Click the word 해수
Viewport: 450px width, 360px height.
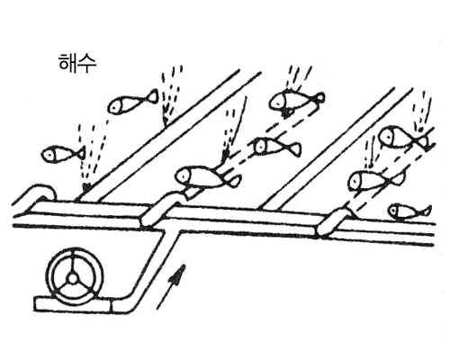click(x=77, y=64)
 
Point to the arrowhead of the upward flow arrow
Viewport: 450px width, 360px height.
click(x=179, y=273)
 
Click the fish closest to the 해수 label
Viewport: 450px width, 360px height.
click(x=132, y=102)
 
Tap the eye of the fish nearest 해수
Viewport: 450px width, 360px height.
click(x=113, y=106)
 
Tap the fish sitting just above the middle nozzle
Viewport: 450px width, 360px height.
click(x=207, y=177)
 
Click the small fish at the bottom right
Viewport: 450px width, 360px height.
click(x=409, y=211)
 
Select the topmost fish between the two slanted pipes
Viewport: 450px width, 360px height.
click(x=296, y=101)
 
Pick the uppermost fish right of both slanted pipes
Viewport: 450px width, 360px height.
click(x=405, y=138)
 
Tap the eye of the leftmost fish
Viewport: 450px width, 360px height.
click(x=48, y=155)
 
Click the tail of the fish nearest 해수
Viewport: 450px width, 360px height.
click(x=152, y=96)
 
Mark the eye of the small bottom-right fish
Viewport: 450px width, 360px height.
click(x=393, y=211)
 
